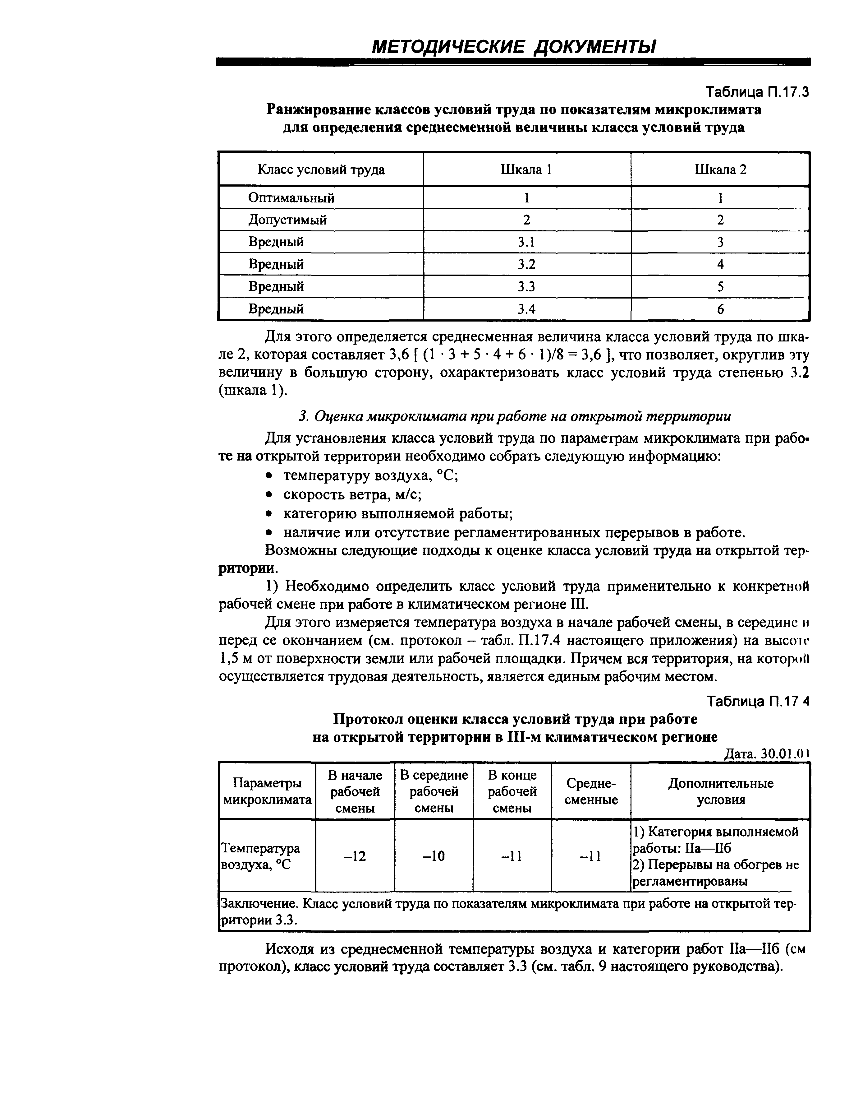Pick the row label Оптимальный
click(x=291, y=198)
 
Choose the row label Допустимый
click(x=287, y=220)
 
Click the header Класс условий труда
click(x=321, y=170)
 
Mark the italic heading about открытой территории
click(x=514, y=416)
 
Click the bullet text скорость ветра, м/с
click(x=352, y=494)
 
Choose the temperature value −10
click(x=434, y=856)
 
